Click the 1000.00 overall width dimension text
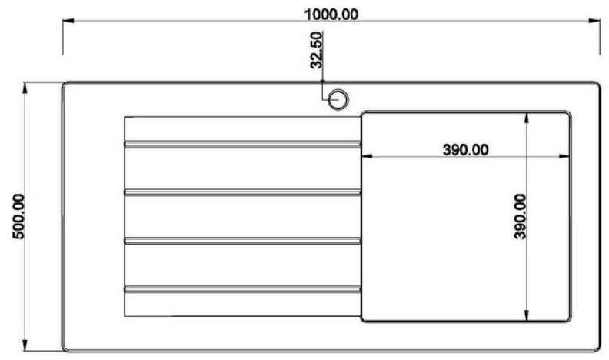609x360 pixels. coord(331,15)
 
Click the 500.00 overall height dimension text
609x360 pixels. coord(18,216)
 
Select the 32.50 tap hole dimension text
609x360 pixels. coord(317,50)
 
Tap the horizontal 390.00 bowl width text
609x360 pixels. coord(465,149)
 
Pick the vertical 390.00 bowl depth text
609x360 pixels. coord(520,216)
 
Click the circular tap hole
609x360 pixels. coord(338,99)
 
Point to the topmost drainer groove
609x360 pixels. coord(242,144)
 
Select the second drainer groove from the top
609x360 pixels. coord(242,192)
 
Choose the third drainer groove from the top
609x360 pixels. coord(242,241)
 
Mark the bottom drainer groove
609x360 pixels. coord(242,289)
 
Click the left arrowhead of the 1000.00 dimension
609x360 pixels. coord(68,21)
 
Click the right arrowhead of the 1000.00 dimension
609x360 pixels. coord(594,21)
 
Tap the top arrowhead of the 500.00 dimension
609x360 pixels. coord(25,88)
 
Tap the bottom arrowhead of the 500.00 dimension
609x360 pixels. coord(25,345)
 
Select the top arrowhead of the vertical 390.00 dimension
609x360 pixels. coord(526,118)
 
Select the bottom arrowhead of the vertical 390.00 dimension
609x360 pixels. coord(526,315)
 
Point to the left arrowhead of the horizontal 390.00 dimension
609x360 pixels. coord(367,156)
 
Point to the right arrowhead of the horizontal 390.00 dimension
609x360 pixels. coord(564,156)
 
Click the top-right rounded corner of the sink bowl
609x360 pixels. coord(568,113)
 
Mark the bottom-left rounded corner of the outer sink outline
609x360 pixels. coord(65,349)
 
